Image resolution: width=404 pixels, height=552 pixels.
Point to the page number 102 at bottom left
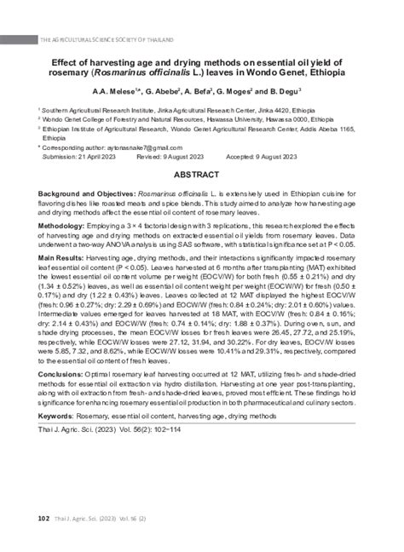pos(43,518)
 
